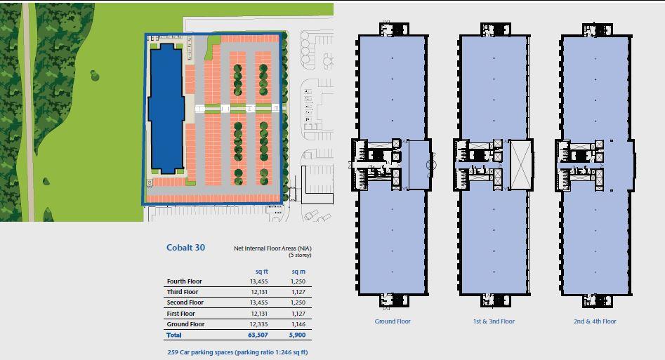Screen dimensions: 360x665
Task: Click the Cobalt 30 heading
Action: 185,247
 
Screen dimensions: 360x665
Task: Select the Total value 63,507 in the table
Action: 258,335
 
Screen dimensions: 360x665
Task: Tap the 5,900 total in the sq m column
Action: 298,335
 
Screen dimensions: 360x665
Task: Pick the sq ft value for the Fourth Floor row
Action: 258,281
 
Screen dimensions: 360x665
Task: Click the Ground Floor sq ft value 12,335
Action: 258,324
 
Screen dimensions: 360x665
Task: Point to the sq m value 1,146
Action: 298,324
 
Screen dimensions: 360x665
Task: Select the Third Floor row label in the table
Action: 183,292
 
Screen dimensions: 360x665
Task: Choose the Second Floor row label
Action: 185,302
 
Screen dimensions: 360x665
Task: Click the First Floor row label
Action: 181,314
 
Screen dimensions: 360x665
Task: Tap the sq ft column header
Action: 261,271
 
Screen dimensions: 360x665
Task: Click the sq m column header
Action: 298,271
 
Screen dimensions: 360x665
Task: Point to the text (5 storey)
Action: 300,255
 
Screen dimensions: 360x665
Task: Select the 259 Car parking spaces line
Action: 237,352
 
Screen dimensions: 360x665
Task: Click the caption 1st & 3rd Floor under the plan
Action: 494,321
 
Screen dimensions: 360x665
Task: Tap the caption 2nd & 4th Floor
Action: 595,321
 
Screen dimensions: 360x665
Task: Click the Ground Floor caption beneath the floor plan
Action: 393,321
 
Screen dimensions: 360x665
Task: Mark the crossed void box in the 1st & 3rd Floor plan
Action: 521,164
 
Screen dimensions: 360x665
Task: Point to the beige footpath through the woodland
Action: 28,112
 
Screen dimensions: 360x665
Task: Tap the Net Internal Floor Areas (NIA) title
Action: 272,248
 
